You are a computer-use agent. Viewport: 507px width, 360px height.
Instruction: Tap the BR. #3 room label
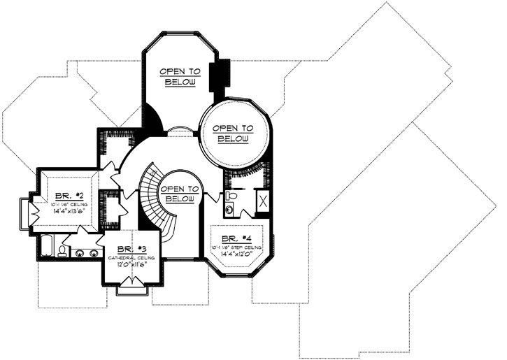[131, 249]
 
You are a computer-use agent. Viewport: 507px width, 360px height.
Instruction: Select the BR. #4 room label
[236, 238]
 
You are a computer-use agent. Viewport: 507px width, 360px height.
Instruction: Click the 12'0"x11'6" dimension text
[131, 266]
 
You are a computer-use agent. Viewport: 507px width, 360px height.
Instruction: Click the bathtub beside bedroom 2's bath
[47, 246]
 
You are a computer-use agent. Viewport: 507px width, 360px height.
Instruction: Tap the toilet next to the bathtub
[64, 250]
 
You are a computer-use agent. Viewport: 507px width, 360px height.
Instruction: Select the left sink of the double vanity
[79, 253]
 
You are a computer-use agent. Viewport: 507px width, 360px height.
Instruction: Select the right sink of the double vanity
[92, 253]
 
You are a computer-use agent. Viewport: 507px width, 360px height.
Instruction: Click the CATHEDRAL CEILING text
[131, 258]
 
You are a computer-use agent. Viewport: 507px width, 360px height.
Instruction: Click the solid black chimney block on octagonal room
[224, 73]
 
